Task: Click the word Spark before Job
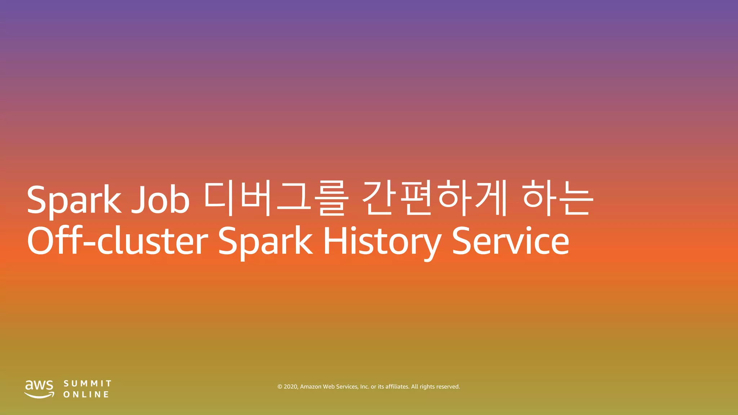tap(74, 200)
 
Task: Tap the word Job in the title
tap(160, 200)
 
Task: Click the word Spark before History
tap(265, 241)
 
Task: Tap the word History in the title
tap(382, 241)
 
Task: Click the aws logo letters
tap(39, 385)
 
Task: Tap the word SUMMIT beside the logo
tap(88, 383)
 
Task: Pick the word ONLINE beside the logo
tap(86, 394)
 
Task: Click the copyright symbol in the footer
tap(280, 387)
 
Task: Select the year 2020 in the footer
tap(291, 387)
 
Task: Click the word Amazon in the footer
tap(311, 387)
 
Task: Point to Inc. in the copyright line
tap(365, 387)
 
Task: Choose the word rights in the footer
tap(427, 387)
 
